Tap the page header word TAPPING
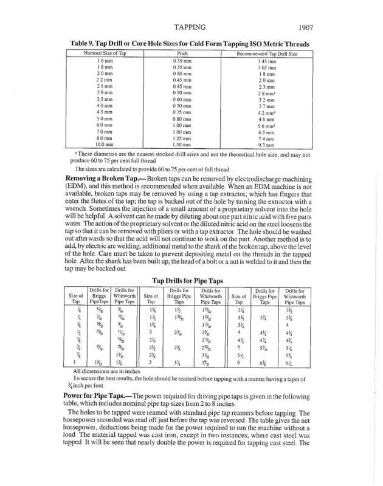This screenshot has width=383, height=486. pyautogui.click(x=193, y=27)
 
